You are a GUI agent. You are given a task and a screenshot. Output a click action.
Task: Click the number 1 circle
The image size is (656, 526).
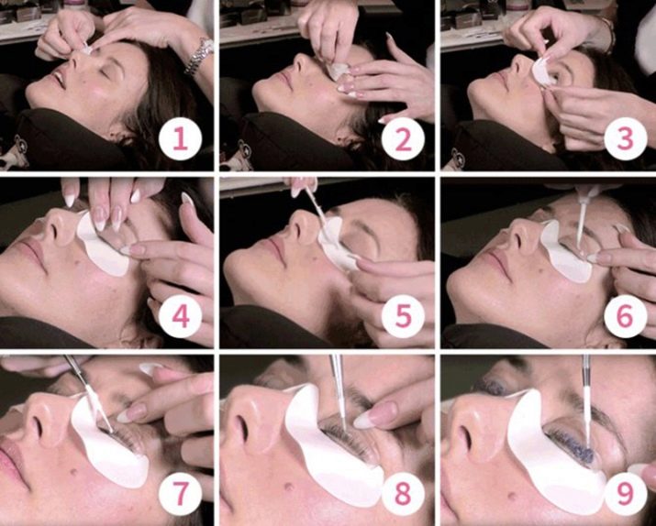(x=181, y=139)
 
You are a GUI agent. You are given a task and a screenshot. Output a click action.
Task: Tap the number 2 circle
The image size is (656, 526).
(x=403, y=139)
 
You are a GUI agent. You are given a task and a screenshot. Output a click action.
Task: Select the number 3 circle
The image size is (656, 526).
(x=626, y=139)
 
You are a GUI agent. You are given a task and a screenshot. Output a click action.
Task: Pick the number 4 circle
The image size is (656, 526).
(x=181, y=316)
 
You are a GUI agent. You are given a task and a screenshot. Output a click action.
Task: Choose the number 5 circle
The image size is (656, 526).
(x=403, y=316)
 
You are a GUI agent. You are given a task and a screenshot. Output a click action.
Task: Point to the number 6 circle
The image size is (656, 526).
(x=626, y=316)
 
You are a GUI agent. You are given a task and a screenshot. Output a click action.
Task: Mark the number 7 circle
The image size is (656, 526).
(x=181, y=494)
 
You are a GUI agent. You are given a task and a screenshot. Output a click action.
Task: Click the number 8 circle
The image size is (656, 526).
(x=403, y=494)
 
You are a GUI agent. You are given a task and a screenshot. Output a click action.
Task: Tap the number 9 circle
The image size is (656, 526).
(x=626, y=494)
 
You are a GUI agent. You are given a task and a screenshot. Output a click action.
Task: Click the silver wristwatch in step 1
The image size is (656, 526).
(x=200, y=57)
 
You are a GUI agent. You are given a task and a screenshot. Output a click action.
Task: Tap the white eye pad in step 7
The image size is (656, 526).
(x=109, y=449)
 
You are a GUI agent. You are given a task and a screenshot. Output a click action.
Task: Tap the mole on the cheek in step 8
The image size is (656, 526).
(x=287, y=487)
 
